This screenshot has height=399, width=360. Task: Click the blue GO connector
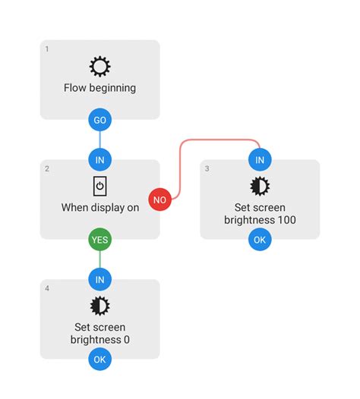[99, 120]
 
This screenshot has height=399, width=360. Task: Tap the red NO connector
[160, 199]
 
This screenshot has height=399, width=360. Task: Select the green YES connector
[99, 239]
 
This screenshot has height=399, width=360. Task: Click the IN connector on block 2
[99, 159]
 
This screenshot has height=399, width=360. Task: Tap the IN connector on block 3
[260, 159]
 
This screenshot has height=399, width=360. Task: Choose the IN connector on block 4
[99, 279]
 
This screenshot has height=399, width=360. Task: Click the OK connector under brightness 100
[260, 239]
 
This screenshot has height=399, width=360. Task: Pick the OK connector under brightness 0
[99, 359]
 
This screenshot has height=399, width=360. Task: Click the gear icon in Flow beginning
[99, 67]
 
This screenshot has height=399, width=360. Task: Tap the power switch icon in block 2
[99, 186]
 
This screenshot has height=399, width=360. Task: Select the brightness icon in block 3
[260, 187]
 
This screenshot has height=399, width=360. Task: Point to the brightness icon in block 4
[99, 306]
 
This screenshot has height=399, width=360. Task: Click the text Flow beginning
[99, 88]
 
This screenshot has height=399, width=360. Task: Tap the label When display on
[99, 207]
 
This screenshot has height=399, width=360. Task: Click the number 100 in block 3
[286, 221]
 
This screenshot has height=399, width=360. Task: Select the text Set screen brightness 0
[99, 334]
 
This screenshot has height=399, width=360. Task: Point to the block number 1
[47, 49]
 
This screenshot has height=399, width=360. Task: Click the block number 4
[47, 288]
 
